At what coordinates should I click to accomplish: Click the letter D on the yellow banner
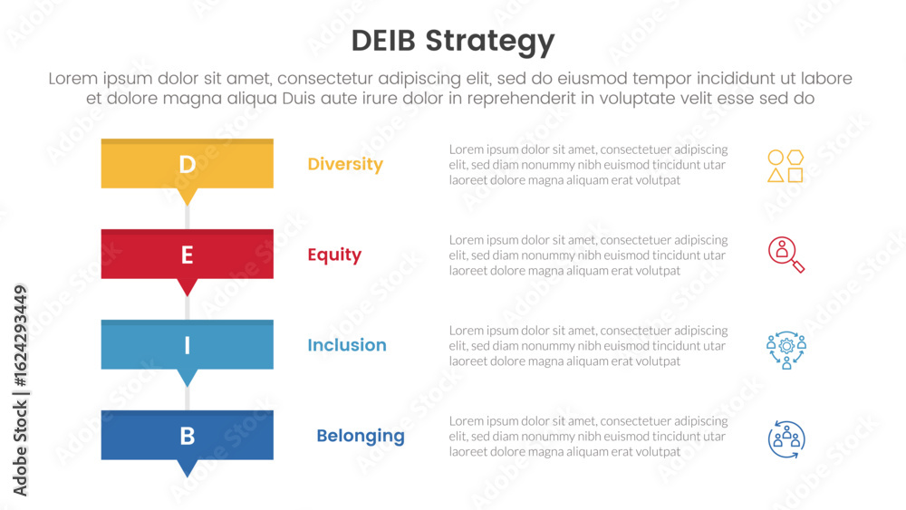(x=188, y=165)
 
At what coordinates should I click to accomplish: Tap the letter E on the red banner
(x=188, y=255)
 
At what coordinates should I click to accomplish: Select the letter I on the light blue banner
(x=188, y=345)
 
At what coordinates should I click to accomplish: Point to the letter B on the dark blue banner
(x=188, y=436)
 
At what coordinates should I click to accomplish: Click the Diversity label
(x=345, y=165)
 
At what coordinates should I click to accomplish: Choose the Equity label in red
(x=334, y=255)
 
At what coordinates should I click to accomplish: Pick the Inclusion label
(x=347, y=345)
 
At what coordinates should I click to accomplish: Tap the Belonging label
(x=361, y=437)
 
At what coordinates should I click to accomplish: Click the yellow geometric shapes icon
(x=786, y=167)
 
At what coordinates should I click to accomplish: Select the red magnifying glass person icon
(x=786, y=255)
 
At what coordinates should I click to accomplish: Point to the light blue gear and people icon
(x=786, y=350)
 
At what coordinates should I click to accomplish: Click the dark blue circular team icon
(x=786, y=439)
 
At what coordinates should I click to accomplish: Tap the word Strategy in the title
(x=490, y=42)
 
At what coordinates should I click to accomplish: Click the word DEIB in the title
(x=383, y=41)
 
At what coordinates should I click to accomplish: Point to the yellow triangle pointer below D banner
(x=188, y=197)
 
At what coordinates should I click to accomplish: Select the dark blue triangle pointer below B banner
(x=188, y=468)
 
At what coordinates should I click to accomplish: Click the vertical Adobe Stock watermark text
(x=20, y=390)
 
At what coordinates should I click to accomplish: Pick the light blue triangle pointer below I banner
(x=188, y=378)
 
